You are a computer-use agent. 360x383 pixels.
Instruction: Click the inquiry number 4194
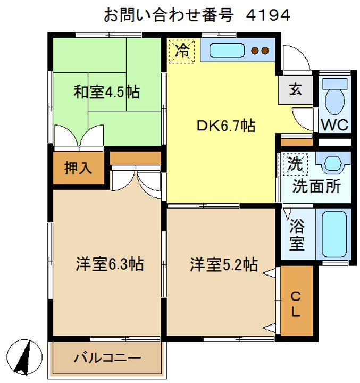click(268, 15)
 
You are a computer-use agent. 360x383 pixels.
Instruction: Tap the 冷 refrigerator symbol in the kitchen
click(182, 52)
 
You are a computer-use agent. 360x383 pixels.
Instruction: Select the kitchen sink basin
click(226, 51)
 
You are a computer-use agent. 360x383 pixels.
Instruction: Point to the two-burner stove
click(260, 51)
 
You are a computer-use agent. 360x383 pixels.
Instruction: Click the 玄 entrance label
click(295, 89)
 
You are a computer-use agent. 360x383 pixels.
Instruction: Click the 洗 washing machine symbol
click(294, 164)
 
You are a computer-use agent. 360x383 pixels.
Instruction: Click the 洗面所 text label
click(316, 187)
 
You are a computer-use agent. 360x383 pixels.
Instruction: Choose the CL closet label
click(296, 304)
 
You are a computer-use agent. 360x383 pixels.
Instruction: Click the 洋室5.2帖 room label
click(224, 264)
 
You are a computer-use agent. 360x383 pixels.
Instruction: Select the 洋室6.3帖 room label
click(109, 264)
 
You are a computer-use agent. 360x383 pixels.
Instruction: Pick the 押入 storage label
click(78, 168)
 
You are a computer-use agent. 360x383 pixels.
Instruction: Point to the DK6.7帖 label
click(225, 126)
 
